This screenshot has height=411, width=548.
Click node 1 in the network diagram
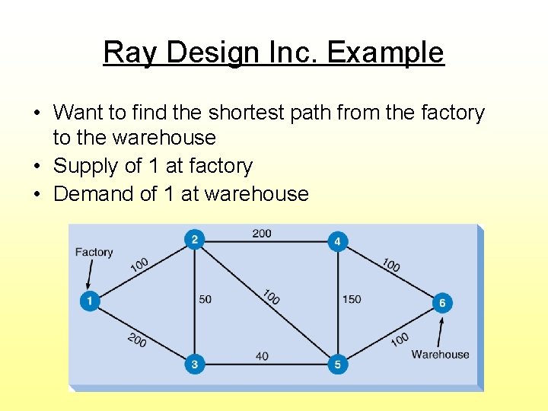tap(89, 301)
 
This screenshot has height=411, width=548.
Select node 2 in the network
tap(194, 241)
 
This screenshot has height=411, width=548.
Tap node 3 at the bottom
tap(194, 365)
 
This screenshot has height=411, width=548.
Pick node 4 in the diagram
tap(337, 242)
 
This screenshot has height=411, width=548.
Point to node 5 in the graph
tap(337, 365)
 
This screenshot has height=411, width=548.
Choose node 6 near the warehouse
tap(442, 303)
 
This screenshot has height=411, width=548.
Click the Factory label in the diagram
tap(94, 252)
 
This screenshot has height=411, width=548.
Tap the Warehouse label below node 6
tap(440, 354)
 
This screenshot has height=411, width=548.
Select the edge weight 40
tap(262, 356)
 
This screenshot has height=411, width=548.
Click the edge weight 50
tap(205, 299)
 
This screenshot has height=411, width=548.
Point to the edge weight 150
tap(352, 299)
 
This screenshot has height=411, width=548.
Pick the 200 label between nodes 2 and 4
tap(262, 233)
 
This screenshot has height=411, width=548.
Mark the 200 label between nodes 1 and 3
tap(137, 340)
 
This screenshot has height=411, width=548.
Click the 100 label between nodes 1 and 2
tap(139, 264)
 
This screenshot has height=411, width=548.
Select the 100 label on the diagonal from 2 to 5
tap(270, 296)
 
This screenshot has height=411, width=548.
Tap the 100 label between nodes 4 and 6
tap(390, 264)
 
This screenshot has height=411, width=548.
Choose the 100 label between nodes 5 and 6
tap(400, 339)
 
